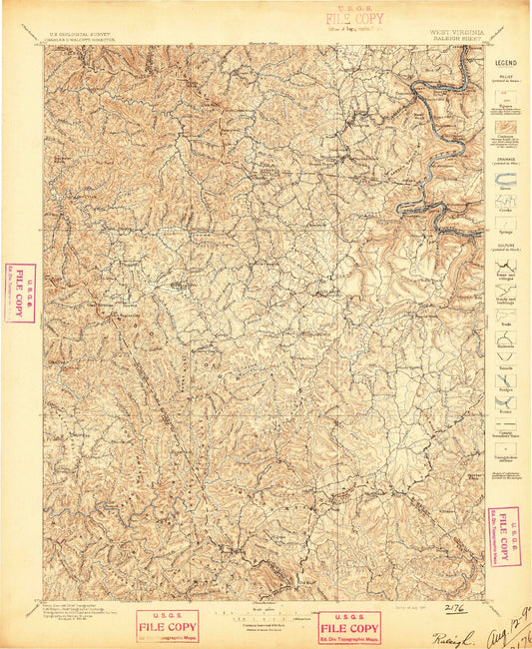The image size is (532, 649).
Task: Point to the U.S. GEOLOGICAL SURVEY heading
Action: pos(82,31)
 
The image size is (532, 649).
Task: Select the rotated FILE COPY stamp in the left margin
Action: pos(20,293)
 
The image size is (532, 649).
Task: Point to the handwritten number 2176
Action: pos(455,605)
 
